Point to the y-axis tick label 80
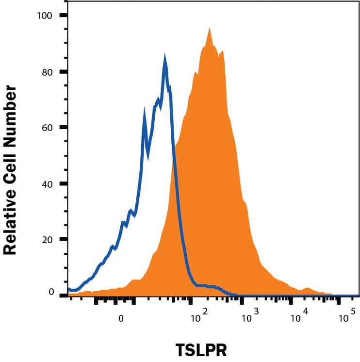47,72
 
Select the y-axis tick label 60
47,128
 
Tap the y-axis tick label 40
47,184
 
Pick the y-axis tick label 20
47,240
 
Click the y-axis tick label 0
50,292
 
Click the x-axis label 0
121,319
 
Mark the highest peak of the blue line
165,59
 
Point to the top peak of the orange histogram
209,29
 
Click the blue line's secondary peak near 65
144,114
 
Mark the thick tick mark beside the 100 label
64,16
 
